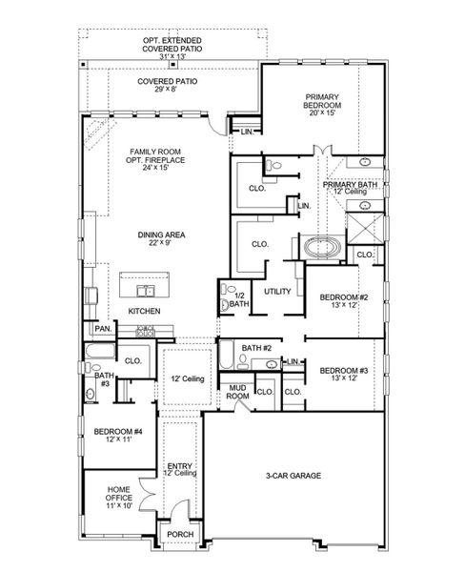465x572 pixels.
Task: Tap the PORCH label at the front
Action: [x=180, y=535]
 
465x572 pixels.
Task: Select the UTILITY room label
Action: [x=277, y=291]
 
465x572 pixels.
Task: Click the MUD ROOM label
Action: [x=237, y=390]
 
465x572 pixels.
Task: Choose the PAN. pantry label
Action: [x=102, y=329]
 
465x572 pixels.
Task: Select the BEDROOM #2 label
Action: [x=339, y=298]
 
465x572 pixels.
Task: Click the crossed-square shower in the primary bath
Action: [x=364, y=229]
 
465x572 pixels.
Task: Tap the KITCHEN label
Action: [x=144, y=312]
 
